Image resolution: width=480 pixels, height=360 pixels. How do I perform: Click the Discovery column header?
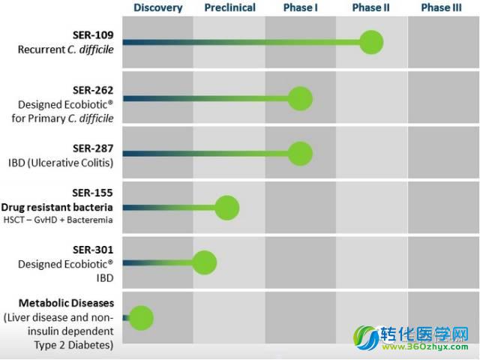point(158,7)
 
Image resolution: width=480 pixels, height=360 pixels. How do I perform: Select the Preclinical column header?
point(230,7)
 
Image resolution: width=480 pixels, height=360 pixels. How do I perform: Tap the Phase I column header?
point(300,7)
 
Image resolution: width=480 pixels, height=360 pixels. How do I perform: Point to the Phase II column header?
point(370,7)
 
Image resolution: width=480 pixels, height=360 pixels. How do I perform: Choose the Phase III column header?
point(441,7)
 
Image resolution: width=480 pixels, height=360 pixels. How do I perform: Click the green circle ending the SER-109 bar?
point(371,42)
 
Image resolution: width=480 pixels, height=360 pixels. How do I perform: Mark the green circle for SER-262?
point(300,98)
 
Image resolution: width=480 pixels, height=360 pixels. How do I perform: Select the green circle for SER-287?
point(300,154)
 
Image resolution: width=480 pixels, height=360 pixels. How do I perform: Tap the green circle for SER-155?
point(226,208)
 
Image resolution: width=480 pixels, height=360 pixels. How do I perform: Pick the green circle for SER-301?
point(205,262)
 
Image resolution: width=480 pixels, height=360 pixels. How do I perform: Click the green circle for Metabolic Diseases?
point(141,318)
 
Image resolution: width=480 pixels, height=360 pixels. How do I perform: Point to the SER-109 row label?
point(93,35)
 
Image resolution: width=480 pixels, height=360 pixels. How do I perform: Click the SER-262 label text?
point(93,90)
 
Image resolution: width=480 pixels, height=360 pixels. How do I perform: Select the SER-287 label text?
point(93,148)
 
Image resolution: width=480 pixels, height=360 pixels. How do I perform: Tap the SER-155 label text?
point(92,193)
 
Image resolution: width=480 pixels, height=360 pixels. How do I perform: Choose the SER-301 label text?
point(93,250)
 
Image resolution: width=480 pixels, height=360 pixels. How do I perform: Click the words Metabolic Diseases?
point(67,303)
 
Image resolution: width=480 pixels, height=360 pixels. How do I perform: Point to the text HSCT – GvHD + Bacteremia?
point(58,220)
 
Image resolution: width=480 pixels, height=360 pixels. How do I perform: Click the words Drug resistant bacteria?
point(57,207)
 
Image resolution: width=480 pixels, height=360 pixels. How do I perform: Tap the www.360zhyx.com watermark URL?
point(425,346)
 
